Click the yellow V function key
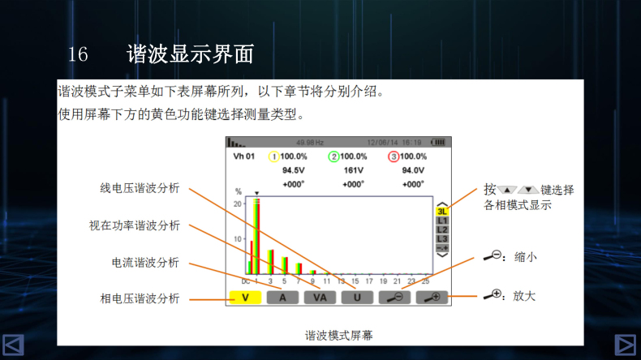coord(244,298)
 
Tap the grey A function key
coord(282,298)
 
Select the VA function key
coord(320,298)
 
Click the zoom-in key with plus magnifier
coord(432,298)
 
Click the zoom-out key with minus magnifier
coord(394,298)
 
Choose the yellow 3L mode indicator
coord(442,211)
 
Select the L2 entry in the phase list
coord(442,229)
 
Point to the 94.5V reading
coord(293,170)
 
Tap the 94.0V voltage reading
coord(413,170)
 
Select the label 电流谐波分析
coord(145,263)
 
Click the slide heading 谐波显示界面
coord(191,54)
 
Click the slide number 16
coord(78,55)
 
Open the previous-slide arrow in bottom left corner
coord(13,345)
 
